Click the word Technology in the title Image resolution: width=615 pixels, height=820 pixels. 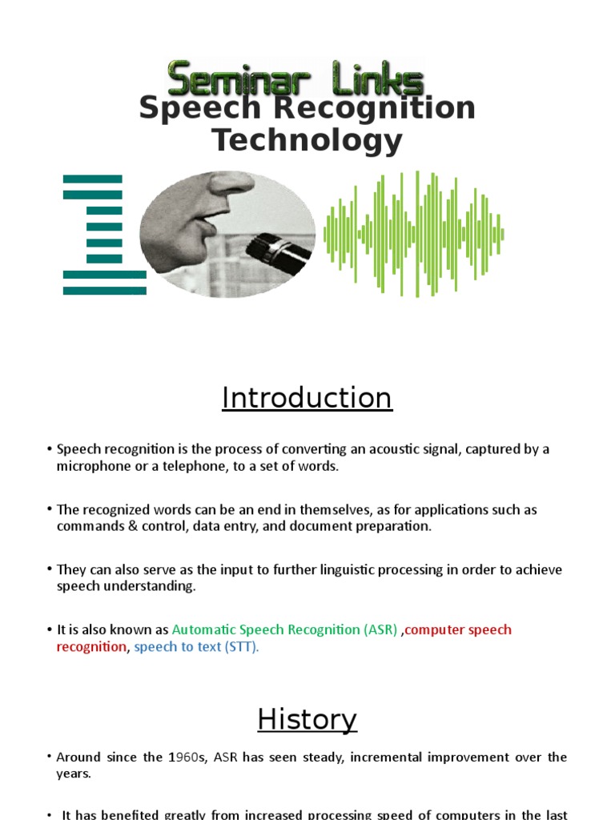pyautogui.click(x=307, y=141)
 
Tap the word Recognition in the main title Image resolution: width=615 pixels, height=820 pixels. pyautogui.click(x=382, y=108)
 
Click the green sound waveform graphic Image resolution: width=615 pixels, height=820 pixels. pyautogui.click(x=413, y=234)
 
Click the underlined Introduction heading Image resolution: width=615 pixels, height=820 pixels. pyautogui.click(x=307, y=398)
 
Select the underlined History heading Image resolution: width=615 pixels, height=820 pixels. pyautogui.click(x=307, y=720)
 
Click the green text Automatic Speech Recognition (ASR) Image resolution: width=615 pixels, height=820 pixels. pyautogui.click(x=284, y=629)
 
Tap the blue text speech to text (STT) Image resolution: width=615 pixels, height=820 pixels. pyautogui.click(x=196, y=647)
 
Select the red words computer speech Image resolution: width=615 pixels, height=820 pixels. pyautogui.click(x=459, y=629)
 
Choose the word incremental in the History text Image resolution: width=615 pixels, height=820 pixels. pyautogui.click(x=346, y=757)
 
